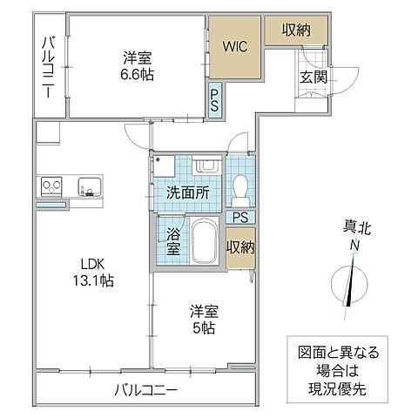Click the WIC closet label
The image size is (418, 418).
tap(235, 45)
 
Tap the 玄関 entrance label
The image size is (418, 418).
tap(313, 78)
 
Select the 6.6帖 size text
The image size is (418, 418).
tap(137, 76)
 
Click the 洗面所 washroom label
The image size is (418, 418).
tap(186, 193)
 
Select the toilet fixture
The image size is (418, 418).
tap(241, 185)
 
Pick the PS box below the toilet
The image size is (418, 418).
tap(241, 217)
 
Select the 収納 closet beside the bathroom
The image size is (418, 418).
tap(241, 246)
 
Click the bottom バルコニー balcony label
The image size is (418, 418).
tap(145, 389)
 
